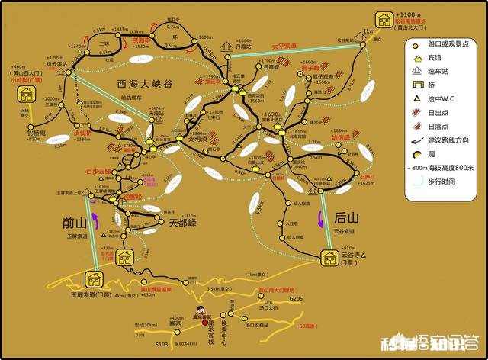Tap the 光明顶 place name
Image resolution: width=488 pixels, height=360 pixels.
pos(196,140)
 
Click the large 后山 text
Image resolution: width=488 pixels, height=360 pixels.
pos(347,218)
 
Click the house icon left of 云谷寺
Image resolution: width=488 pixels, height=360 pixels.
pos(331,259)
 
